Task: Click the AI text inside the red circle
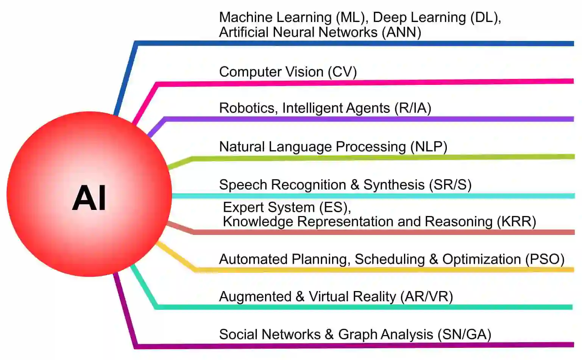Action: [89, 198]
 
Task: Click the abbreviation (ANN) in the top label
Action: [401, 32]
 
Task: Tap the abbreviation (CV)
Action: [342, 72]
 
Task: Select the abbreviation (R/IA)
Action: [413, 108]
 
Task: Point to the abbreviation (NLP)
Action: [429, 147]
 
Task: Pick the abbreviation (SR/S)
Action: [450, 185]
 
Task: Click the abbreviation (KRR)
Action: [516, 222]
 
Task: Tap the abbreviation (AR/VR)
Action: [426, 297]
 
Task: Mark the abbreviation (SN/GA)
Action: [464, 335]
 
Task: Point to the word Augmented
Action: [255, 297]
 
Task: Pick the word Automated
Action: [253, 259]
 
